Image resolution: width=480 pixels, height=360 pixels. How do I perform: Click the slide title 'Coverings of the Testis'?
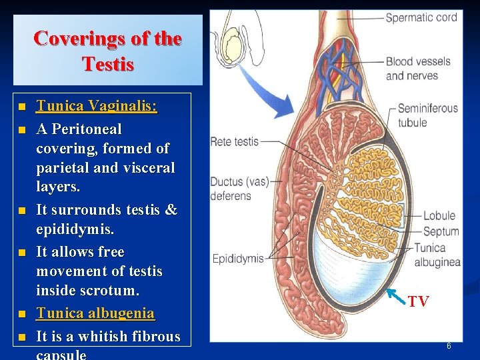point(107,51)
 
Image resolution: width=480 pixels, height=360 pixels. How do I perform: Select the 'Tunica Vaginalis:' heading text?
point(96,106)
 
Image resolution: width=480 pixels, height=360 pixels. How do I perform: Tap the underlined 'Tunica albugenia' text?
point(95,313)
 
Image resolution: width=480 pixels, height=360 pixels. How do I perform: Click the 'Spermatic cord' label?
point(421,17)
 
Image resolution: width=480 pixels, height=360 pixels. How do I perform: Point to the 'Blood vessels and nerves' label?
point(418,68)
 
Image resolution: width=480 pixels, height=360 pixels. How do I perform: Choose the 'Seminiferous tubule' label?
point(427,115)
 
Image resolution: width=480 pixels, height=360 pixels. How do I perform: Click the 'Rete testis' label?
point(234,141)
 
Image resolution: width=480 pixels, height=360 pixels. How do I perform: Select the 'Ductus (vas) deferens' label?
point(231,189)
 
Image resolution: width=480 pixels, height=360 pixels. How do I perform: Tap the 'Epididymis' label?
point(237,259)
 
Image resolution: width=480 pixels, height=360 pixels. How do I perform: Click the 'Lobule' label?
point(439,215)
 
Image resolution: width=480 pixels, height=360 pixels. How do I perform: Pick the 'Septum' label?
point(441,231)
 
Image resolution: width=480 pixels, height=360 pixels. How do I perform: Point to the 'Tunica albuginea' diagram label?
point(437,255)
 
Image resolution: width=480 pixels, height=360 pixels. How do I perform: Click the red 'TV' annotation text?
point(419,302)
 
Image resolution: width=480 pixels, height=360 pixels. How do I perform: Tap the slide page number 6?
point(449,346)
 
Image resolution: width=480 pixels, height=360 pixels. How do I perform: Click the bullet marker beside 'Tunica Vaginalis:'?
point(23,107)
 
